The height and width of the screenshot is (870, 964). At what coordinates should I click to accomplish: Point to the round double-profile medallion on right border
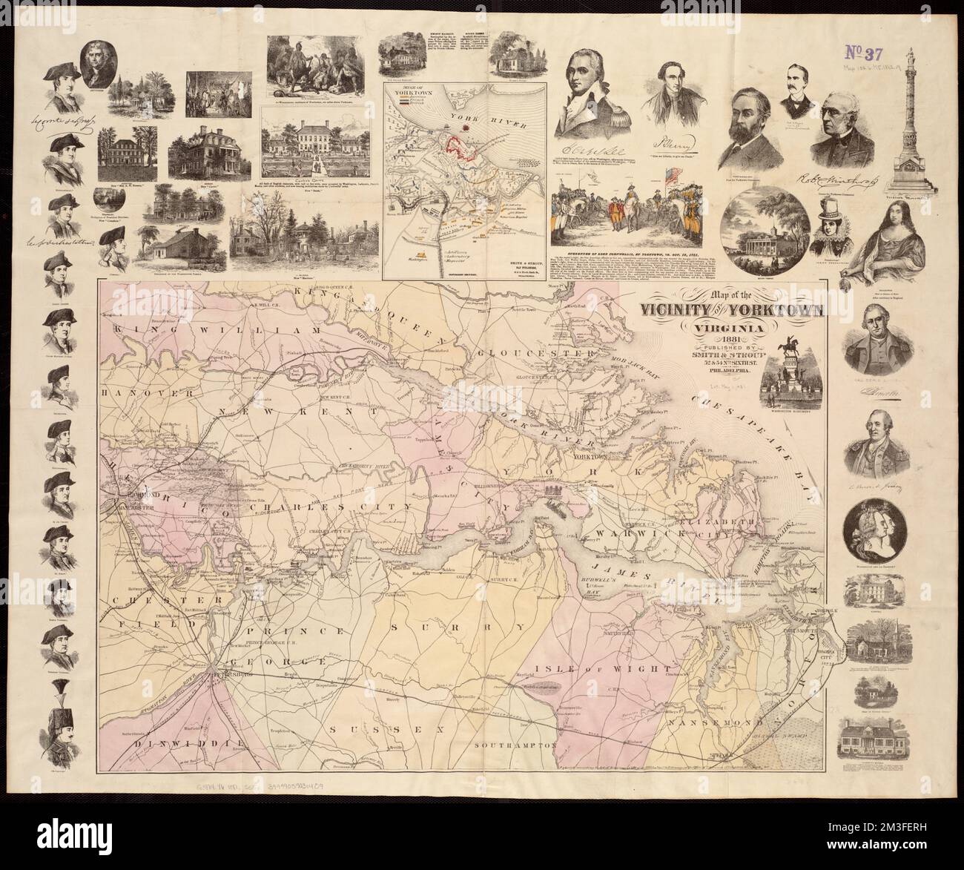(875, 530)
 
